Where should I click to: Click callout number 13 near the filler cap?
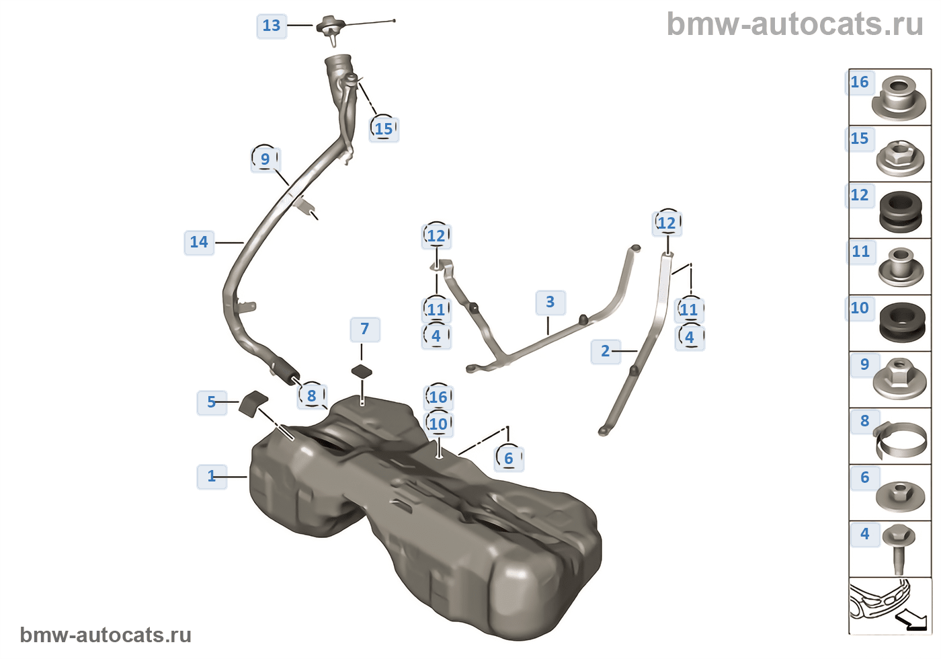click(x=272, y=26)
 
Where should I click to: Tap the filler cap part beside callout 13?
click(x=331, y=28)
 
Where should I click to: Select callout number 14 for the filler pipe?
click(x=199, y=242)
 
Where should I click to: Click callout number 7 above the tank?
click(x=365, y=329)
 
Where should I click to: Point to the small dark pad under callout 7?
click(x=362, y=371)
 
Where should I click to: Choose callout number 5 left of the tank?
click(x=212, y=402)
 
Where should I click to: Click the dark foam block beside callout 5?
click(x=253, y=402)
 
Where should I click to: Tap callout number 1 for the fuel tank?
click(x=212, y=476)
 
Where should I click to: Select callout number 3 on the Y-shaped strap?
click(x=550, y=302)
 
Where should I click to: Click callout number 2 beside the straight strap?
click(x=606, y=351)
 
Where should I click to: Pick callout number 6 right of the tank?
click(x=509, y=459)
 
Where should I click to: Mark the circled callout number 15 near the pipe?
click(x=384, y=128)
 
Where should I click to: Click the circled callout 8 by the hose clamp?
click(x=312, y=396)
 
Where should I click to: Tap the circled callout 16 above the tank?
click(x=438, y=397)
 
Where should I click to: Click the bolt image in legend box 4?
click(x=899, y=548)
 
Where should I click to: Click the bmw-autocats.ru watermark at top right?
click(x=794, y=24)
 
